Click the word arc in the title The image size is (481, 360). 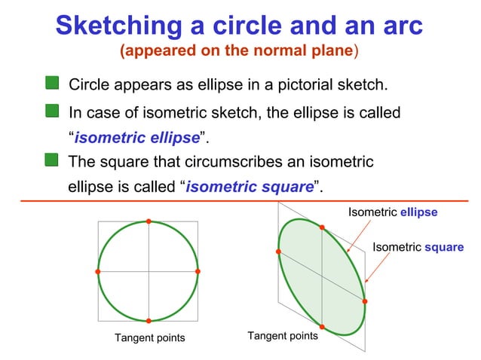(399, 27)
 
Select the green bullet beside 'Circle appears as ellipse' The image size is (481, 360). (51, 81)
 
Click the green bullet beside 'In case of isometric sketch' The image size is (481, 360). (51, 111)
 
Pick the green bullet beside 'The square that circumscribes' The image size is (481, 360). (51, 160)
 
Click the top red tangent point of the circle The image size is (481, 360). (149, 221)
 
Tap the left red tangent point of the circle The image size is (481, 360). (98, 271)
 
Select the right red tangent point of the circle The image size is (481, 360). (198, 271)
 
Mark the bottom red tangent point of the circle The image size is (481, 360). (149, 322)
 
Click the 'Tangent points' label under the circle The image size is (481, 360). (149, 337)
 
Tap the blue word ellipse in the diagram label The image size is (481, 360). (418, 212)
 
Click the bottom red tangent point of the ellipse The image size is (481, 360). (322, 327)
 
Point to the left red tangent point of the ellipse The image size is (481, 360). (278, 251)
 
